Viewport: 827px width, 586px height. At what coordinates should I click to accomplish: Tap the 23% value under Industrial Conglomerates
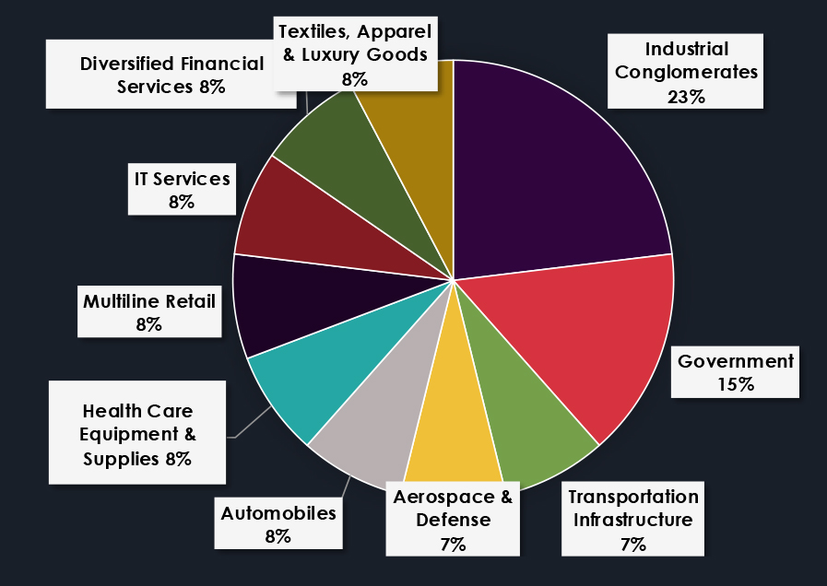[x=687, y=95]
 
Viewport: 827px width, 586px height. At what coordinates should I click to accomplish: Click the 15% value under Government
[x=735, y=383]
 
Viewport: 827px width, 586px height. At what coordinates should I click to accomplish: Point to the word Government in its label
[x=735, y=361]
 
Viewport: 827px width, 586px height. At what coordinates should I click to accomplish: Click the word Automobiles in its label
[x=278, y=512]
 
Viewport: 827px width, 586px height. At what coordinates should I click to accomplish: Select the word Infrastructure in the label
[x=632, y=520]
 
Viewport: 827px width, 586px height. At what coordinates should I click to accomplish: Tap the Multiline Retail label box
[x=148, y=311]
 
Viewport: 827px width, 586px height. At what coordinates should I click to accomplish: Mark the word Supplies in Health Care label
[x=115, y=458]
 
